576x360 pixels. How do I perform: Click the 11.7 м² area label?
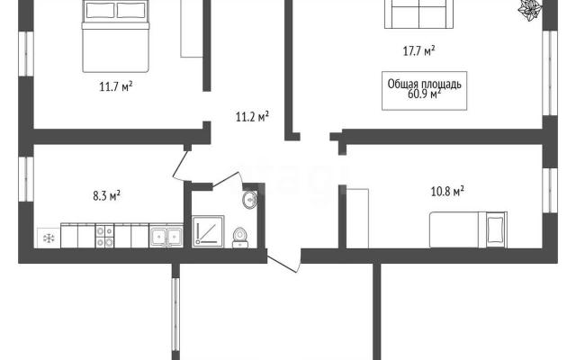[116, 86]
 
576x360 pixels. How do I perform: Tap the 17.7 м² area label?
[418, 50]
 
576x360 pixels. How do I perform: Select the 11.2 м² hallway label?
[252, 117]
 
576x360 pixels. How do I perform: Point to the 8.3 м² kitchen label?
[106, 195]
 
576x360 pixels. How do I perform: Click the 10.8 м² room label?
[447, 192]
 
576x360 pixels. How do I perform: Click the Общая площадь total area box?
[424, 91]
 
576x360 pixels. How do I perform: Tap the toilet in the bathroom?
[240, 238]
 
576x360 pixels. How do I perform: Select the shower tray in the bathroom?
[208, 231]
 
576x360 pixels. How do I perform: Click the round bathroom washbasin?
[250, 200]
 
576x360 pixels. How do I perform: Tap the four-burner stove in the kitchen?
[104, 236]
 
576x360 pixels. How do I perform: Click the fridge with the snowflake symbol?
[49, 238]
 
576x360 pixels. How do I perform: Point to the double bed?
[115, 36]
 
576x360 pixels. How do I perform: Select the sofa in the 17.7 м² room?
[418, 14]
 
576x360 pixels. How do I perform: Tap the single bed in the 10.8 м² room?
[468, 229]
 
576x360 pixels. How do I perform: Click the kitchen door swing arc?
[178, 166]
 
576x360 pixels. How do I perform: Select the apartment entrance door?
[282, 265]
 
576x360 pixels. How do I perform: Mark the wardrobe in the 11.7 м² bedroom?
[192, 29]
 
